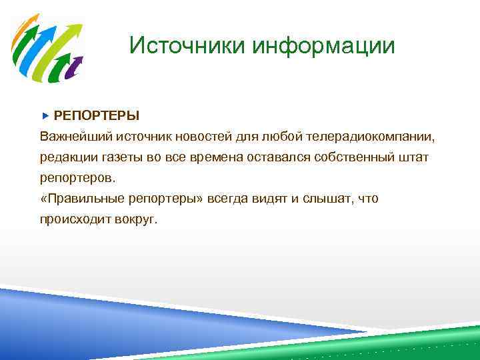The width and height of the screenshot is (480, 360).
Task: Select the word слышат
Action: (x=327, y=199)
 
